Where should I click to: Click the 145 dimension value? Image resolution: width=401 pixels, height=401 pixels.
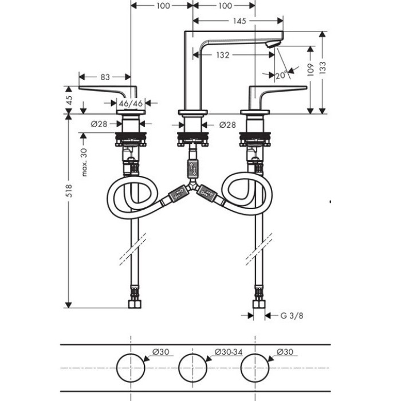[239, 21]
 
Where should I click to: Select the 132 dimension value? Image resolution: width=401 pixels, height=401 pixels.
[223, 55]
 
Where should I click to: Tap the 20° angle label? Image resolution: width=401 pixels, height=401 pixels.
[281, 75]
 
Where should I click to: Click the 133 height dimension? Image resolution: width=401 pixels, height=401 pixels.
[324, 70]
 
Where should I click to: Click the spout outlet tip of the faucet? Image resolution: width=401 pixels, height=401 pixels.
[276, 44]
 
